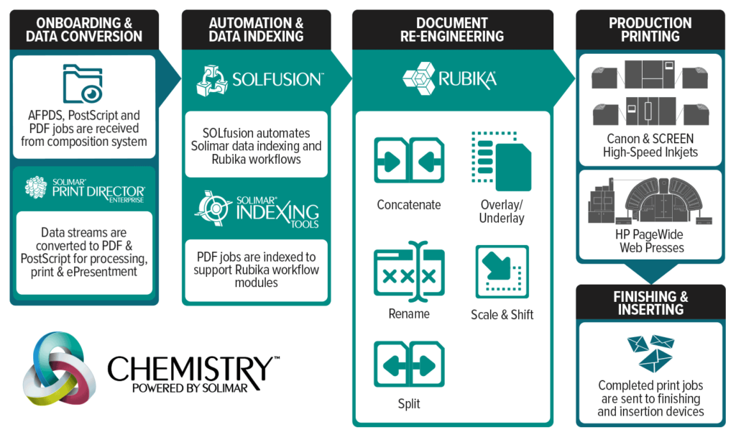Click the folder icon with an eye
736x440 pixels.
coord(83,83)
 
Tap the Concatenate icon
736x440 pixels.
coord(409,160)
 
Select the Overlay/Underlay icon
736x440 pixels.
coord(501,161)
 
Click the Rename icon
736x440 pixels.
coord(409,272)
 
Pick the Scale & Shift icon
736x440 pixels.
coord(502,272)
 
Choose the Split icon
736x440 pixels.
coord(409,365)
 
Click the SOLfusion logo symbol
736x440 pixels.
coord(212,81)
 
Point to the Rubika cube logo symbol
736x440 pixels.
coord(419,78)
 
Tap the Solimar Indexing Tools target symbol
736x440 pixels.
coord(213,208)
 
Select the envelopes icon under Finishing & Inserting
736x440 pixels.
coord(650,353)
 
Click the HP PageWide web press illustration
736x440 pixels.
coord(650,201)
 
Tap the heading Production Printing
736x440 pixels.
coord(650,29)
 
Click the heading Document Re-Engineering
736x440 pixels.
coord(452,29)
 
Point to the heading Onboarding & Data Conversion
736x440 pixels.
coord(84,29)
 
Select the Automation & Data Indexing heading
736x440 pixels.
coord(257,29)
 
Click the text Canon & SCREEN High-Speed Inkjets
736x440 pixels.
coord(650,145)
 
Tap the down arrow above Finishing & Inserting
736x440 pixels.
coord(651,273)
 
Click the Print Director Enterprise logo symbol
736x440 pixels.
coord(36,188)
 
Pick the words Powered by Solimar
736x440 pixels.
coord(190,388)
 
